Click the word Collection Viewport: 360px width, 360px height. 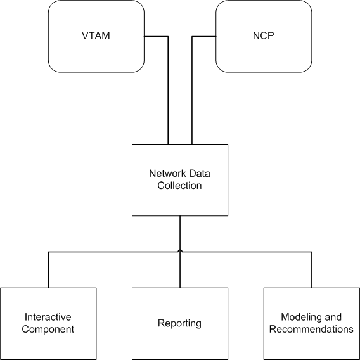(180, 186)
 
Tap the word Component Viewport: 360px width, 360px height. (49, 329)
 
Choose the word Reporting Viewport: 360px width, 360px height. (179, 323)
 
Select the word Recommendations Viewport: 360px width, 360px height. (311, 329)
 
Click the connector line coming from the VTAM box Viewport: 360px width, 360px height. (168, 95)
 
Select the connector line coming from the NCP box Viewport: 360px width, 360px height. (192, 95)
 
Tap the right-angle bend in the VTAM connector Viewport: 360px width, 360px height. (168, 37)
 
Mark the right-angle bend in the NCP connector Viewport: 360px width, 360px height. (192, 37)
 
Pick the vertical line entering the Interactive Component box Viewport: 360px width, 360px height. (49, 269)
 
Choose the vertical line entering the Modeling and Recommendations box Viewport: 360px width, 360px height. (312, 269)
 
